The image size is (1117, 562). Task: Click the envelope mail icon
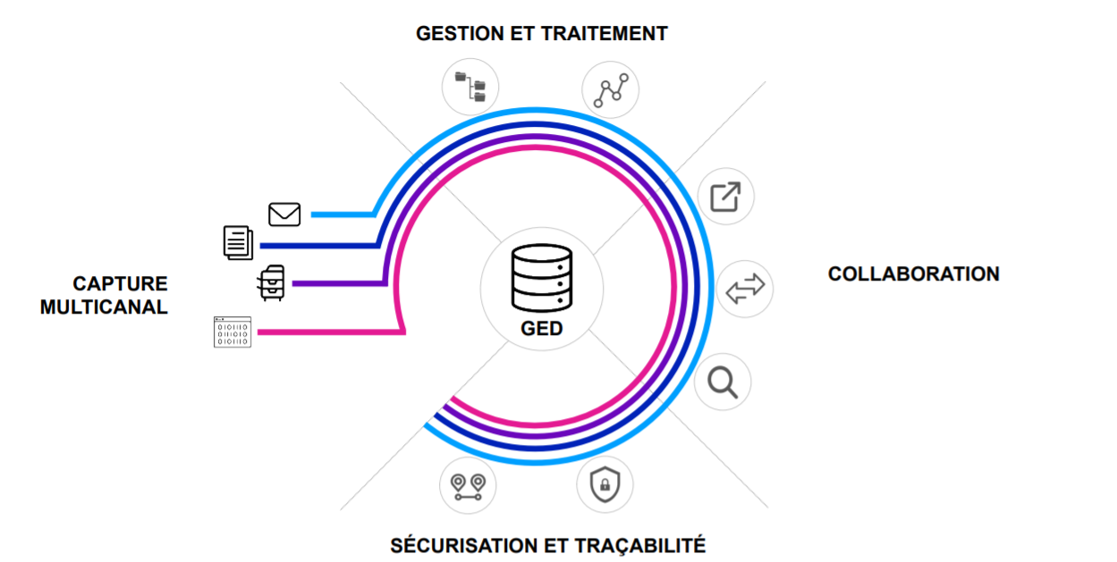(x=284, y=214)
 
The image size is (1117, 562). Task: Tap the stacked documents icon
(x=238, y=242)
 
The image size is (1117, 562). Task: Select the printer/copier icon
(x=271, y=283)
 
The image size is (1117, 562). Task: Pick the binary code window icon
(x=233, y=331)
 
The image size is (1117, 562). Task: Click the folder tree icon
(x=470, y=88)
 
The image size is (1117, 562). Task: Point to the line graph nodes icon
(x=610, y=89)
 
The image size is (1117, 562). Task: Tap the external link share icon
(x=725, y=197)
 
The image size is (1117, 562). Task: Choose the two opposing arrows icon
(x=745, y=289)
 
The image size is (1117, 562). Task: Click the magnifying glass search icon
(x=723, y=382)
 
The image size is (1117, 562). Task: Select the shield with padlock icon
(x=605, y=485)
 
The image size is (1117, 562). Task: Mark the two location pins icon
(x=468, y=486)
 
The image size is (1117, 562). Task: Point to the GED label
(x=542, y=329)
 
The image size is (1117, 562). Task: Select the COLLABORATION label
(x=913, y=274)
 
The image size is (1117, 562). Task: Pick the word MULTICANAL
(x=104, y=307)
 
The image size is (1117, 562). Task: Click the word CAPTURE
(x=120, y=284)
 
